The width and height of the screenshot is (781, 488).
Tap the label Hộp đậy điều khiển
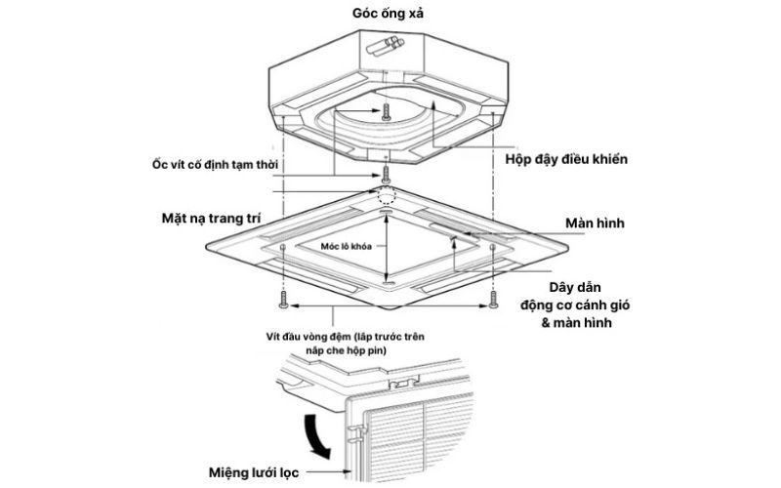point(565,158)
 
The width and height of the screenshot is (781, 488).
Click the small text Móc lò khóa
point(349,248)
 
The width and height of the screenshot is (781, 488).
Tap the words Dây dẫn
point(573,288)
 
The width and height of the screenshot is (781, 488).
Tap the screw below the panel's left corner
point(282,299)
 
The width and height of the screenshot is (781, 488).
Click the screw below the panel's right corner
point(494,299)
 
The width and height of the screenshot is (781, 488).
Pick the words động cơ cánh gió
point(575,305)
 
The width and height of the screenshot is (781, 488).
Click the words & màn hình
point(575,323)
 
